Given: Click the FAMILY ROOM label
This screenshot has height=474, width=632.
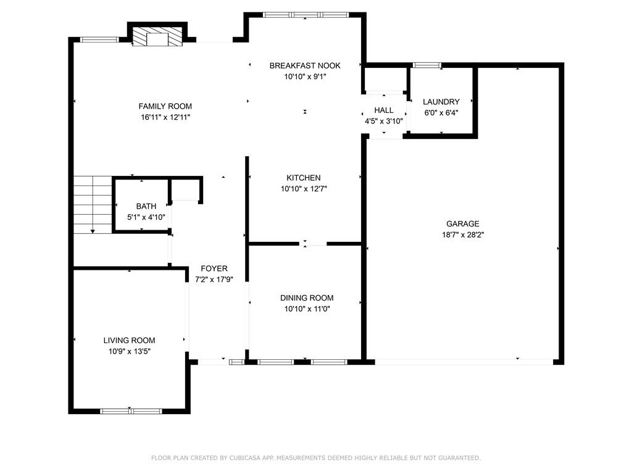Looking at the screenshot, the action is pos(165,106).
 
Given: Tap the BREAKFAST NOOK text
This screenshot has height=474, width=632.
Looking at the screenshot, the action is pos(305,65).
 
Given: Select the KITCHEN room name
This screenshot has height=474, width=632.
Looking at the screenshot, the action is pos(304,178).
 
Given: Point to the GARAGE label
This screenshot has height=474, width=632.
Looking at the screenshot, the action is pos(463,223).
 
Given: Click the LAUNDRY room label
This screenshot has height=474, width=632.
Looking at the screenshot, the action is pos(441,102).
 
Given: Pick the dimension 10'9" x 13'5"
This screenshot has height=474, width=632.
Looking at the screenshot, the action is pos(130,351).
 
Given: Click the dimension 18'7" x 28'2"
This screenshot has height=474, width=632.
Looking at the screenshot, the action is pos(463,235).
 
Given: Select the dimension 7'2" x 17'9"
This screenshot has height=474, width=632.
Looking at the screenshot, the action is pos(214,280).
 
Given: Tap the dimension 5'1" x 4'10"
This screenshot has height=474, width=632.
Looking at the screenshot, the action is pos(146,217).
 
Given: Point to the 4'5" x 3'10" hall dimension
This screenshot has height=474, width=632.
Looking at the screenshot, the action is pos(384,121).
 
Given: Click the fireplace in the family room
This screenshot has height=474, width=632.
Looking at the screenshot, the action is pos(157,36).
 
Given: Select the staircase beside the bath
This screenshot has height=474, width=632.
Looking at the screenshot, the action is pos(93,205).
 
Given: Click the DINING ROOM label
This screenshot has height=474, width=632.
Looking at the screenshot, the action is pos(307,298).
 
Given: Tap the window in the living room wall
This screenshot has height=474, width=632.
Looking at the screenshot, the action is pos(131,411).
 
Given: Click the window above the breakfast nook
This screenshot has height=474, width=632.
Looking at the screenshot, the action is pos(306,15).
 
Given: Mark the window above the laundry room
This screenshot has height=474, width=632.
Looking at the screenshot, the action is pos(427,65).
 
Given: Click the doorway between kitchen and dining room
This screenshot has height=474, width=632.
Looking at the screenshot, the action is pos(313,243).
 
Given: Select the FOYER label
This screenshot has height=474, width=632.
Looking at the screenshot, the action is pos(214,268).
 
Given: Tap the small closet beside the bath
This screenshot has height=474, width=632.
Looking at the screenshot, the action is pos(185,189).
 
